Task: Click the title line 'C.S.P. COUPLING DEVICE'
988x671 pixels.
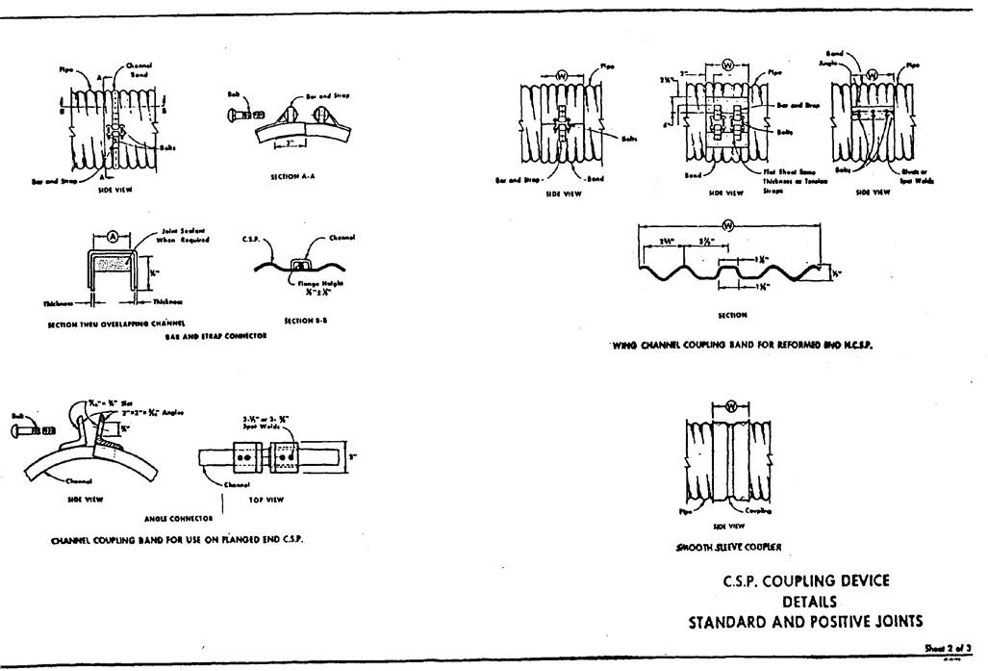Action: click(x=806, y=581)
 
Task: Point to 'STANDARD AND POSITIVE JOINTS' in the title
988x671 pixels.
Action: click(x=806, y=622)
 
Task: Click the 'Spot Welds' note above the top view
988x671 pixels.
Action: click(x=262, y=423)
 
